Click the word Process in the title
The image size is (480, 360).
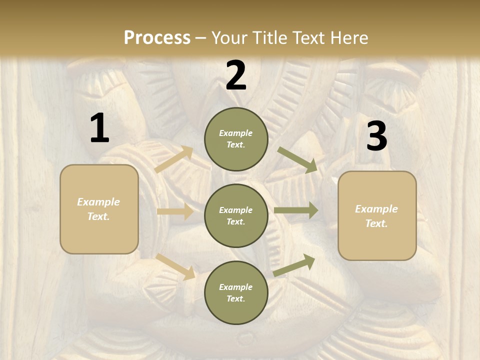[x=157, y=38]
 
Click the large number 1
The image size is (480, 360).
[x=99, y=128]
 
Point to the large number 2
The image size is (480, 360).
[x=236, y=75]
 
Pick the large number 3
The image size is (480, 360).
[x=376, y=136]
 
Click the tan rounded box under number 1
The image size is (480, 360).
[x=99, y=209]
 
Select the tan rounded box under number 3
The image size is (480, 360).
[x=377, y=216]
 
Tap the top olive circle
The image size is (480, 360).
[x=236, y=139]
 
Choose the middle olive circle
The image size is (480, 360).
[x=236, y=216]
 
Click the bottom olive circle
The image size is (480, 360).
[x=236, y=293]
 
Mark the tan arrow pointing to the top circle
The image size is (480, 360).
[x=174, y=160]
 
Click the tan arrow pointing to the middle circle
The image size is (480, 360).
[x=175, y=211]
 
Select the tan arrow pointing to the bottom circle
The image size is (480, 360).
[x=175, y=266]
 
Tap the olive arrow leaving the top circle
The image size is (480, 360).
[x=297, y=160]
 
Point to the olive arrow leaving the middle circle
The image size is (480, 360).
[x=296, y=210]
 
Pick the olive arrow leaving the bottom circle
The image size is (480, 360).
[x=294, y=265]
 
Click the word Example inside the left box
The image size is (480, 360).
[x=98, y=202]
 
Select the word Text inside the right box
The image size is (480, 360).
[x=376, y=223]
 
